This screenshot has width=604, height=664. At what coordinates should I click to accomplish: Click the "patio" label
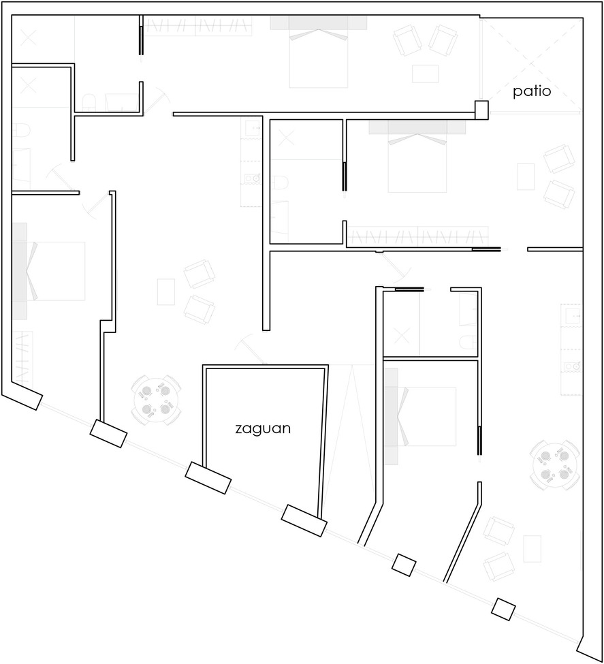click(x=532, y=91)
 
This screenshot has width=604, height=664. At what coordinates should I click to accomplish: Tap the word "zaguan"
click(x=263, y=429)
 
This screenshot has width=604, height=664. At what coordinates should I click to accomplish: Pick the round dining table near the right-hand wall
click(x=554, y=465)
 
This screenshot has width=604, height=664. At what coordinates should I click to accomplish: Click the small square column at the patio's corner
click(x=481, y=110)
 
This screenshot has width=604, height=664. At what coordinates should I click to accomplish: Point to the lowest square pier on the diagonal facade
click(x=503, y=609)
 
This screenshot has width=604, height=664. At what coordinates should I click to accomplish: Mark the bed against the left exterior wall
click(x=49, y=271)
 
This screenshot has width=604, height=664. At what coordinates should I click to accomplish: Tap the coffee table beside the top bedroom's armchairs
click(x=426, y=74)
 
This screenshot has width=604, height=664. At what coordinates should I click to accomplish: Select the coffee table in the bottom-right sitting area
click(x=532, y=549)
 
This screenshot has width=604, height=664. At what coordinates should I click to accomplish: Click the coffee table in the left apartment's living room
click(x=166, y=291)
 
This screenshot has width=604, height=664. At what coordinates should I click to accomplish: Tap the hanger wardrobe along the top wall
click(x=197, y=27)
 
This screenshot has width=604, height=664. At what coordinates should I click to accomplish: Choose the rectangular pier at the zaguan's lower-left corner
click(x=208, y=477)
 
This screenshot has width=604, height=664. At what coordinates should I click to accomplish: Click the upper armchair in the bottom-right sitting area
click(x=499, y=531)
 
